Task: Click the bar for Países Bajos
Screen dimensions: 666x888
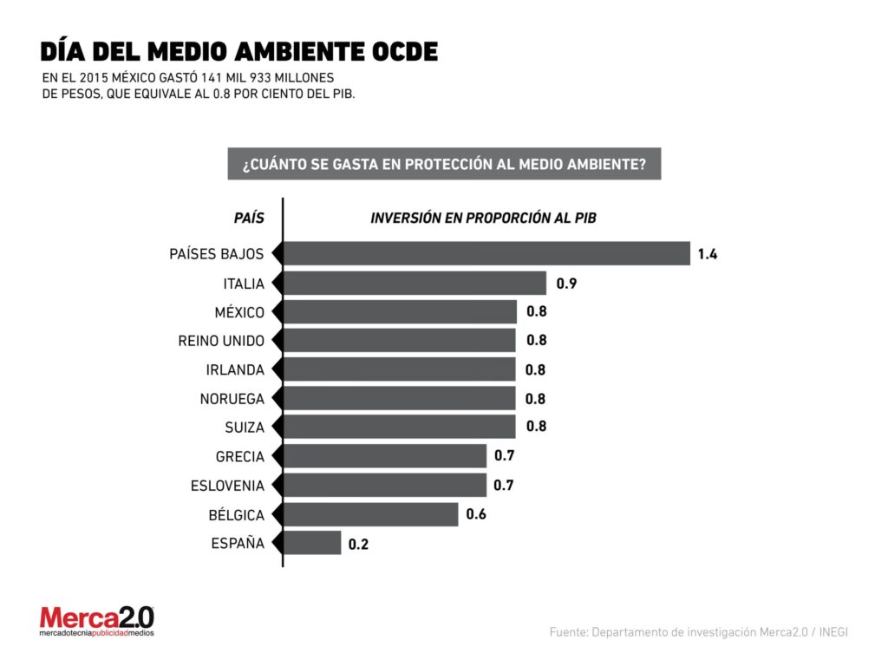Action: click(486, 253)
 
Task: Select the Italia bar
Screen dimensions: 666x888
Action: click(415, 283)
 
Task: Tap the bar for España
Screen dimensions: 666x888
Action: click(312, 544)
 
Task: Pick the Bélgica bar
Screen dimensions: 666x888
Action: click(370, 514)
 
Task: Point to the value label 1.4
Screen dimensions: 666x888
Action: click(708, 254)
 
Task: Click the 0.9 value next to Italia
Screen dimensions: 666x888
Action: click(566, 283)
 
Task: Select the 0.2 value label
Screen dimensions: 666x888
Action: click(358, 545)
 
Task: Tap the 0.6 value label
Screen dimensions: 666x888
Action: click(476, 514)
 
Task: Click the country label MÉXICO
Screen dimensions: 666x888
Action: click(239, 312)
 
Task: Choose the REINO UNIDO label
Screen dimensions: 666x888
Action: click(221, 341)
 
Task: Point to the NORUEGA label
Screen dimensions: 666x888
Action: click(232, 399)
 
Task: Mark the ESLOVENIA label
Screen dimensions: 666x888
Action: click(227, 486)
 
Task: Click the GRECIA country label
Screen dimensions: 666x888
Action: click(240, 456)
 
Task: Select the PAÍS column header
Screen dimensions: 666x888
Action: click(249, 218)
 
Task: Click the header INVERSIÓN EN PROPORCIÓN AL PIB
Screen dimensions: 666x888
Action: click(483, 218)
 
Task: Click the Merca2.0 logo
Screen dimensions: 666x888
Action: click(96, 621)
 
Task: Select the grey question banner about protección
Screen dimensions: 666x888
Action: click(444, 163)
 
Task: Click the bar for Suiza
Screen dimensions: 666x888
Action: click(399, 427)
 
